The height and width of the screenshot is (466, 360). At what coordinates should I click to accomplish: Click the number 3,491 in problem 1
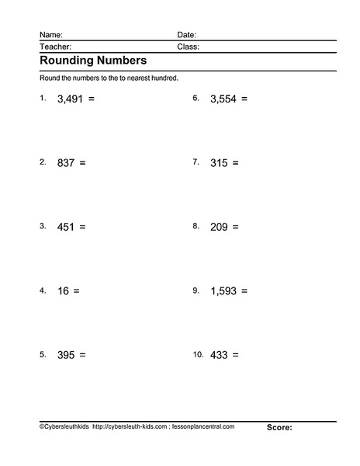(71, 99)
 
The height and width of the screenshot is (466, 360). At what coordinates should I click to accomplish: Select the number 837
(66, 163)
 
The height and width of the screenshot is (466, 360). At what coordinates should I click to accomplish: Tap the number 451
(66, 227)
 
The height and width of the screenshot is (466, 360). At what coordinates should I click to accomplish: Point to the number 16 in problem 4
(64, 290)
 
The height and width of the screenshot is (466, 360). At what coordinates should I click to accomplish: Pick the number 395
(66, 354)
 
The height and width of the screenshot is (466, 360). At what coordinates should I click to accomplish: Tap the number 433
(219, 354)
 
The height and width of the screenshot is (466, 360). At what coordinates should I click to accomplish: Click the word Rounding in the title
(67, 61)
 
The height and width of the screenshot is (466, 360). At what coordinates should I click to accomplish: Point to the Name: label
(50, 35)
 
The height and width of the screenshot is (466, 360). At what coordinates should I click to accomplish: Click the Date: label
(186, 35)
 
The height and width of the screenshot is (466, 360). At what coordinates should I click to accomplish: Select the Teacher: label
(55, 47)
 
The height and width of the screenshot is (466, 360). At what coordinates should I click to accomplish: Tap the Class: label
(188, 47)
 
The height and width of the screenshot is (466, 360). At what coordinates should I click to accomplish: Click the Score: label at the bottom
(279, 427)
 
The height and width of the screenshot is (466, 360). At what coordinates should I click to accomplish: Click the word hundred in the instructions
(164, 78)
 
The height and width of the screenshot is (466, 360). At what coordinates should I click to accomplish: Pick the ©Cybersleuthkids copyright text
(63, 426)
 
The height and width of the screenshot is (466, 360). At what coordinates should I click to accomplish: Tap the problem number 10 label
(198, 354)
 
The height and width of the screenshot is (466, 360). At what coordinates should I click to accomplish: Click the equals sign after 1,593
(244, 290)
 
